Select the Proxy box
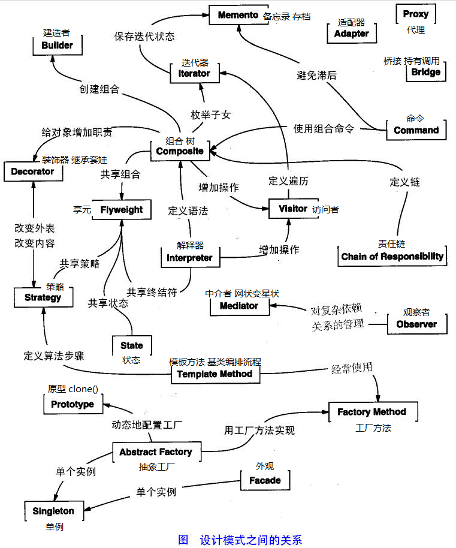click(415, 14)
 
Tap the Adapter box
click(351, 34)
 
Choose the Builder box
click(58, 45)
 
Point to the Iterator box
click(194, 73)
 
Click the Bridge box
click(426, 72)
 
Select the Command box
click(416, 130)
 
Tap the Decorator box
click(32, 171)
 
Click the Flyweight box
click(122, 210)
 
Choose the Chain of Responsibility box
click(392, 257)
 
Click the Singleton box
click(53, 511)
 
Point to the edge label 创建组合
click(99, 89)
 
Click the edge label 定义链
click(404, 181)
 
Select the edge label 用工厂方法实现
click(259, 430)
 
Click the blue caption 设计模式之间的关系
click(251, 539)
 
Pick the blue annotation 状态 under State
click(131, 360)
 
